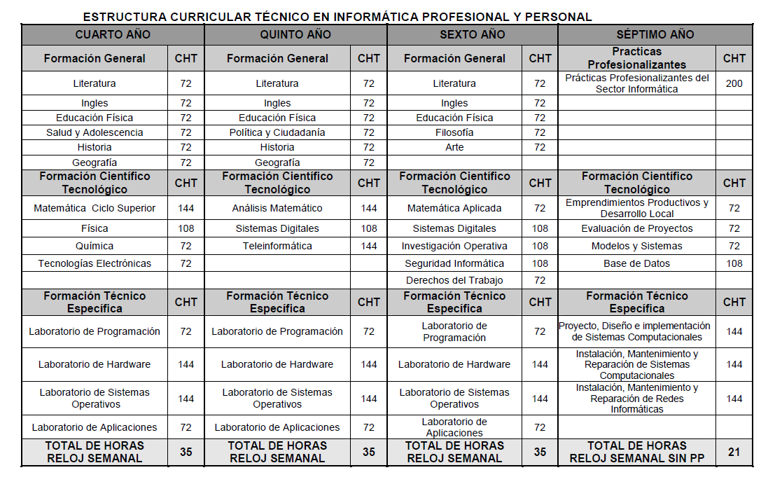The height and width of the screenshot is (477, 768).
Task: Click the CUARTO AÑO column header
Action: click(113, 34)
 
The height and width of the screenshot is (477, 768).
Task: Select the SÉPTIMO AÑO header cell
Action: click(655, 34)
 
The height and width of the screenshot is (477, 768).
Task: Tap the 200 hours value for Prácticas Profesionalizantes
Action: click(734, 83)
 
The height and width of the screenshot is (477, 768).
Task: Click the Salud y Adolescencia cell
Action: click(95, 132)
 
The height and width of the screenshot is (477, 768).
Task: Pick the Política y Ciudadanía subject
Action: click(277, 132)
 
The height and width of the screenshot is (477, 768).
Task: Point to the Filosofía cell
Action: click(454, 132)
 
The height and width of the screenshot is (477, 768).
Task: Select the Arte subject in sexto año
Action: click(454, 147)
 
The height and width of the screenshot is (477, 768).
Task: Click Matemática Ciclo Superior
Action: click(95, 208)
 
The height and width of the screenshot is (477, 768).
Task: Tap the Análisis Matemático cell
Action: click(277, 208)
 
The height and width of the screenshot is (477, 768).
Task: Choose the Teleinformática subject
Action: click(277, 246)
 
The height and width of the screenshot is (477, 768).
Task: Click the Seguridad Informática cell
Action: click(454, 263)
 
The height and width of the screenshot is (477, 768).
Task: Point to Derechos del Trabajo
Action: click(454, 280)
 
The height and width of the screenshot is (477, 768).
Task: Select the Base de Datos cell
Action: click(636, 263)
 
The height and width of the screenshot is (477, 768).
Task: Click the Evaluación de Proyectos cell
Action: click(636, 228)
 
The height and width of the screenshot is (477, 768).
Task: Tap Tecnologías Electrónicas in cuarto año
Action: click(95, 263)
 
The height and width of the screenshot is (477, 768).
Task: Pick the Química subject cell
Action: click(95, 246)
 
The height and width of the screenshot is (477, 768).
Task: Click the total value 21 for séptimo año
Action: click(734, 452)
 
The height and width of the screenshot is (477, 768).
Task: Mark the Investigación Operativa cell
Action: click(454, 246)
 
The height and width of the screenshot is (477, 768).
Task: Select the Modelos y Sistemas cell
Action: click(636, 246)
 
